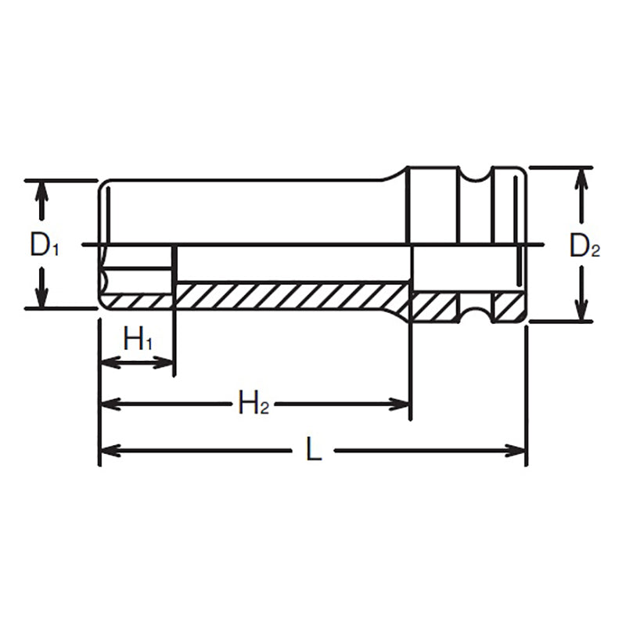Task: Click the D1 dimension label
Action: point(45,246)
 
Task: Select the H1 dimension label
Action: point(138,340)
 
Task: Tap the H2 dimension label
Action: point(254,404)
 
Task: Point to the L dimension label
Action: point(314,450)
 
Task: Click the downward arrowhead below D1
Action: point(42,298)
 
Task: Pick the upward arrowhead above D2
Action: point(581,178)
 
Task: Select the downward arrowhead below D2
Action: point(581,311)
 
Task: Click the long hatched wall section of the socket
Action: point(290,296)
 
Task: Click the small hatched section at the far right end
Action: point(507,306)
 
